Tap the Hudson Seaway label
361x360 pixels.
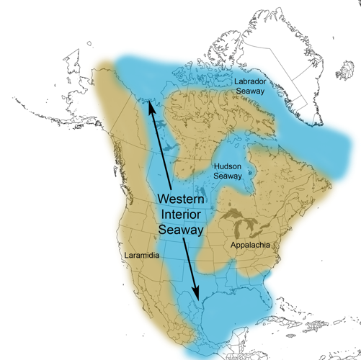(233, 171)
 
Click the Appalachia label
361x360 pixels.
(250, 246)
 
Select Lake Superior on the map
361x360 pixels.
(231, 214)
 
